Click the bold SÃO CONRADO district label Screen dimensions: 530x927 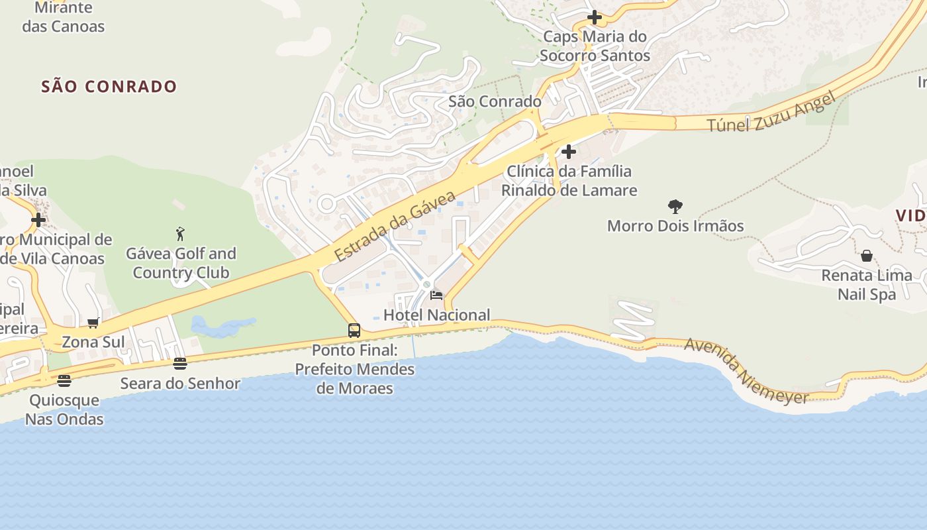(109, 86)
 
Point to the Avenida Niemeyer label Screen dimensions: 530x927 (746, 371)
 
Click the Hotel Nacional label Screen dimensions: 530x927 (437, 315)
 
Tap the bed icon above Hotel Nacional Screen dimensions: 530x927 (436, 295)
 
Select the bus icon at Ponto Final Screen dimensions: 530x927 (354, 330)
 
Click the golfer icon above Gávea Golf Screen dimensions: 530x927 (180, 233)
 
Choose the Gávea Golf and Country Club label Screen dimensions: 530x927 (181, 263)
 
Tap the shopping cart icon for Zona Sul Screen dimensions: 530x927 (93, 323)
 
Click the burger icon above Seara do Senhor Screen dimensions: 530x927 (179, 363)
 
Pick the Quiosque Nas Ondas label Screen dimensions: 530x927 (64, 409)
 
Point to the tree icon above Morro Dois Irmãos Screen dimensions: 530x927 (675, 207)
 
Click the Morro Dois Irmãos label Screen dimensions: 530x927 (675, 226)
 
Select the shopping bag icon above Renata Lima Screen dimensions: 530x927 (866, 256)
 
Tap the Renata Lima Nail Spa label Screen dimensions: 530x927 (866, 285)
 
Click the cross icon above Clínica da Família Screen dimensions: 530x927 (568, 152)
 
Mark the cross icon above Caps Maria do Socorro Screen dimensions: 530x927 (594, 17)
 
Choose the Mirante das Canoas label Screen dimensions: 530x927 (64, 17)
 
